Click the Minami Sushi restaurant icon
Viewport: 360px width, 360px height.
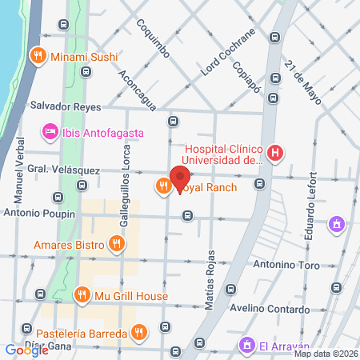pyautogui.click(x=37, y=56)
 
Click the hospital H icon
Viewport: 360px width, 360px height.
pyautogui.click(x=276, y=153)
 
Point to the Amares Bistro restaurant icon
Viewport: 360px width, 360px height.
pyautogui.click(x=117, y=243)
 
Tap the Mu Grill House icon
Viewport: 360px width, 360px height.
pyautogui.click(x=82, y=296)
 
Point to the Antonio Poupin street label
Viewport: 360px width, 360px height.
pyautogui.click(x=39, y=214)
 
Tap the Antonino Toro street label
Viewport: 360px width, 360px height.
pyautogui.click(x=286, y=266)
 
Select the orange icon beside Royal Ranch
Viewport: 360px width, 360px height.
pyautogui.click(x=162, y=186)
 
